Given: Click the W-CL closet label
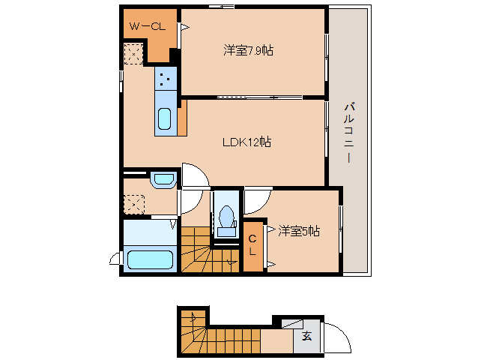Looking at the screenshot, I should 147,27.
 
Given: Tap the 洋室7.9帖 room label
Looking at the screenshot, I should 248,51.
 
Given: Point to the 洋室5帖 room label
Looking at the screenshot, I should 299,232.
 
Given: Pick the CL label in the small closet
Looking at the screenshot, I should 252,245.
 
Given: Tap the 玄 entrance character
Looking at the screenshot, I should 306,336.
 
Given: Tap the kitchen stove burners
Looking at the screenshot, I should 166,78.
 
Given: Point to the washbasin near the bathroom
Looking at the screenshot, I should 163,179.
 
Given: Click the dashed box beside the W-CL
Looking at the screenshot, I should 133,54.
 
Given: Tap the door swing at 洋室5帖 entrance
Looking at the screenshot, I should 255,200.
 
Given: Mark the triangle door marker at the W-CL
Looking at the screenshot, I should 184,28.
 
